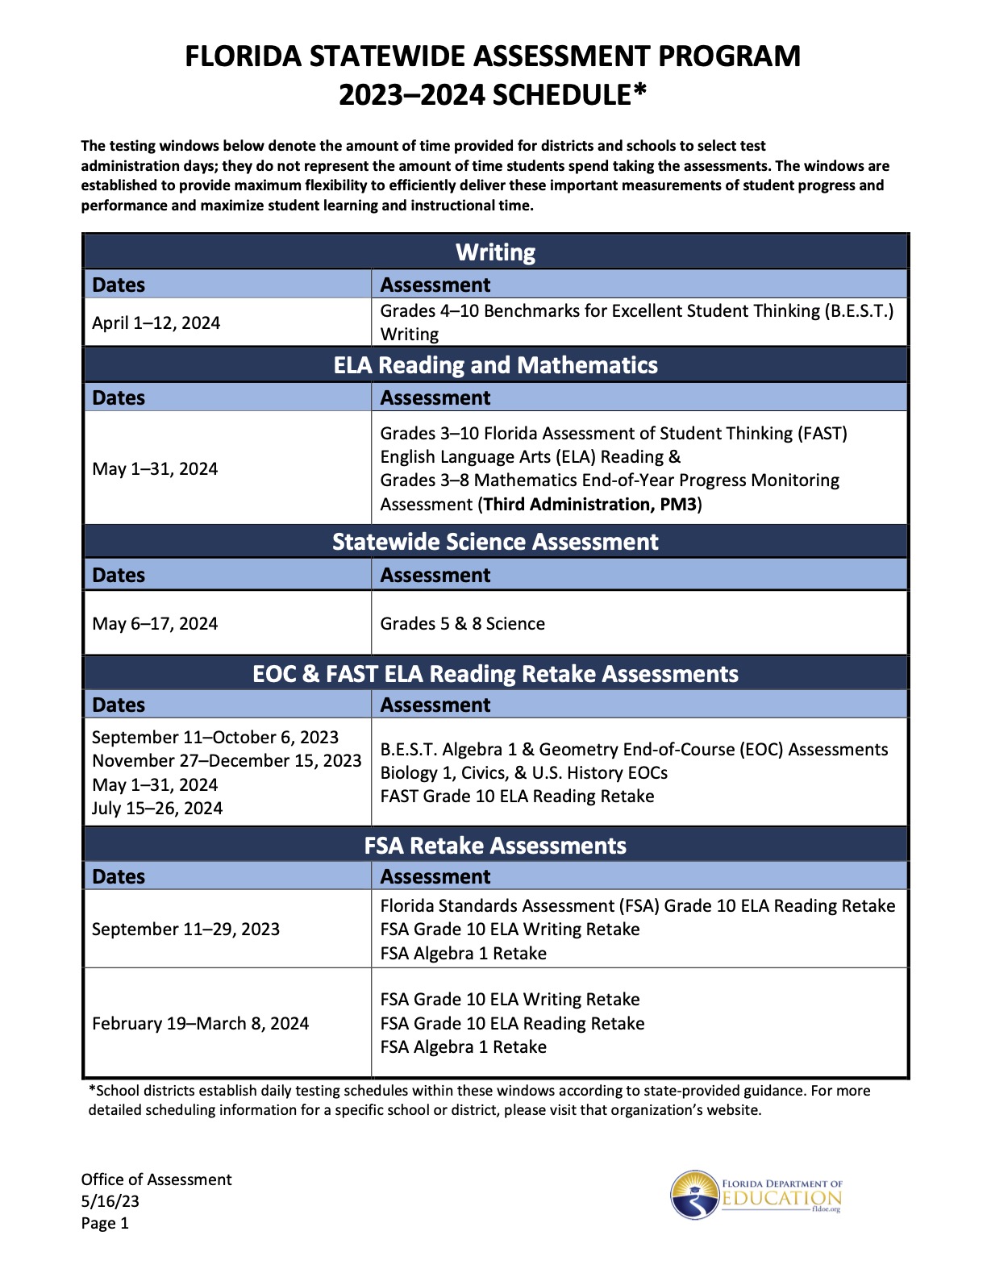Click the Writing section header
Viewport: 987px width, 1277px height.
point(495,252)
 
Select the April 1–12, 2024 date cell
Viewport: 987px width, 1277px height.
point(156,323)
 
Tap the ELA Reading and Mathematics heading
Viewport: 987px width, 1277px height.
point(495,365)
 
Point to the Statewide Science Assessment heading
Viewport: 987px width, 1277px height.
point(495,542)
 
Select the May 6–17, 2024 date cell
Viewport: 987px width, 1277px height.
point(155,624)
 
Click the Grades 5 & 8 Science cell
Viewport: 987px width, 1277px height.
point(462,624)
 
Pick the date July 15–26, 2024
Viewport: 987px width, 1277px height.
point(157,809)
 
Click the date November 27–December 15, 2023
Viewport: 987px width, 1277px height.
point(227,761)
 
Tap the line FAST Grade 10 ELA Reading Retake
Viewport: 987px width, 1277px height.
point(517,797)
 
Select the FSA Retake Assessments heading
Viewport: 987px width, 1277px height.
point(495,846)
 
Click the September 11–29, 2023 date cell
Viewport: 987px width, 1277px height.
point(185,930)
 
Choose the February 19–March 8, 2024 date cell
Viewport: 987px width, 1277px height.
point(200,1024)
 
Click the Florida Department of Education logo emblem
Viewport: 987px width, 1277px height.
point(695,1195)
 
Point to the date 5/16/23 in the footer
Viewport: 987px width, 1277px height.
point(110,1201)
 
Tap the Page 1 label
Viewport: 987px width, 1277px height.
point(105,1223)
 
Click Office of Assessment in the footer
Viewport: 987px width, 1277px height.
point(156,1179)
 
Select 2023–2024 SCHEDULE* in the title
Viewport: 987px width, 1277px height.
point(492,95)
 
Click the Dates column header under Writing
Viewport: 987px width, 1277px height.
point(119,285)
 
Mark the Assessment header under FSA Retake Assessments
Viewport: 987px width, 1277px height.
point(435,877)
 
